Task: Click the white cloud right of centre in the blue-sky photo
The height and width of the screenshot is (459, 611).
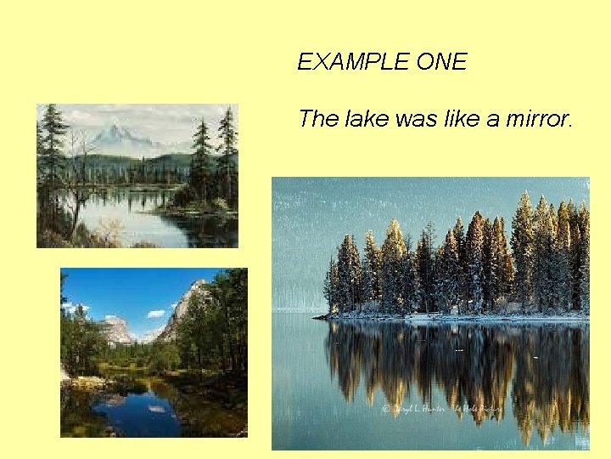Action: [x=156, y=314]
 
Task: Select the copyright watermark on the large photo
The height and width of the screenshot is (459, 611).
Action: [x=441, y=408]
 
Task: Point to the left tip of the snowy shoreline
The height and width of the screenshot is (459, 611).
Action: [x=316, y=318]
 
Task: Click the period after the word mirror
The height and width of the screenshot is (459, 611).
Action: [x=571, y=125]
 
